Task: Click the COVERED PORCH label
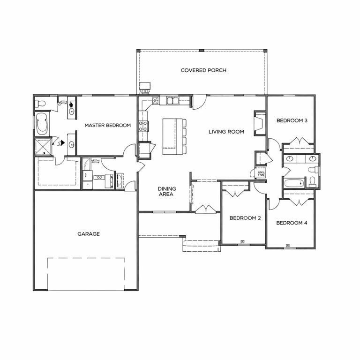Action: (x=203, y=70)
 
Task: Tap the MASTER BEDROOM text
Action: (x=107, y=125)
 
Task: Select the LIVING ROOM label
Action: (x=226, y=132)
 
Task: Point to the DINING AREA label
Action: (x=166, y=191)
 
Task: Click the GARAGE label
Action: (x=88, y=234)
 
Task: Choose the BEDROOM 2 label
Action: (x=245, y=218)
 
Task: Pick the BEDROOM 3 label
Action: (x=292, y=120)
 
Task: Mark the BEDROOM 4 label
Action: (x=291, y=223)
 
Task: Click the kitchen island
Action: (x=172, y=136)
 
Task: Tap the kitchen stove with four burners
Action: (x=143, y=126)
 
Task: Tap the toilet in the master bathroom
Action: (x=41, y=103)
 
